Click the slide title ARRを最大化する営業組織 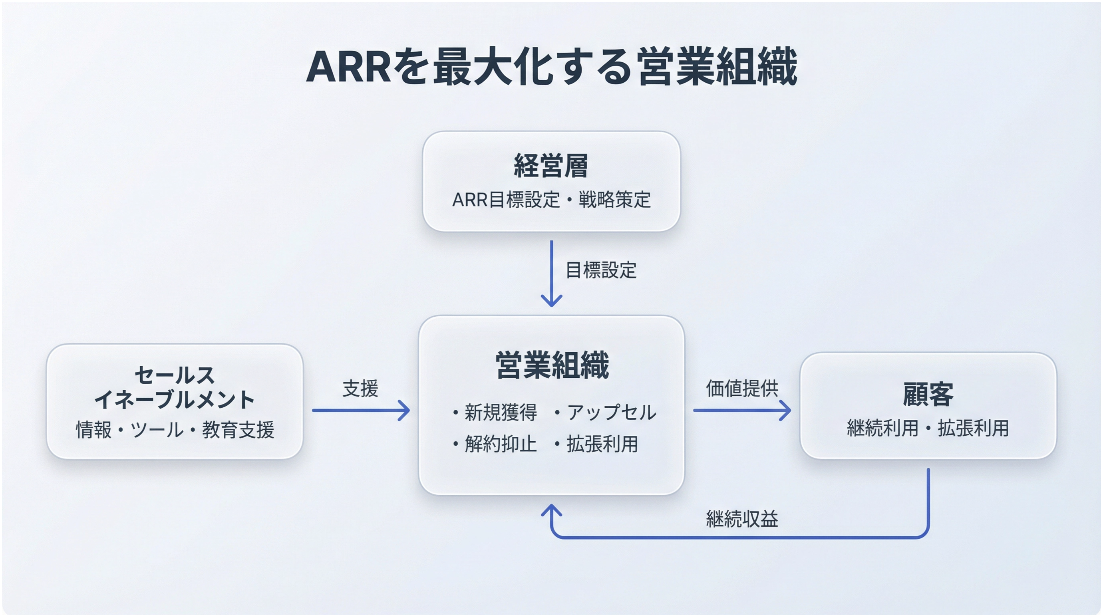coord(551,67)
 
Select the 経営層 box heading coord(550,166)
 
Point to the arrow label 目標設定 coord(601,270)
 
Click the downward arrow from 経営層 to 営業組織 coord(551,274)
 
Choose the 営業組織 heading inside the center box coord(552,365)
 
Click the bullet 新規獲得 coord(500,413)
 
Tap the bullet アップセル coord(611,413)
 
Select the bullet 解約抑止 coord(500,444)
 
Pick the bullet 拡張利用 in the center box coord(602,444)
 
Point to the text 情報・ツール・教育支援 coord(175,430)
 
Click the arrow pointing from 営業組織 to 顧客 coord(741,410)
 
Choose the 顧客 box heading coord(928,394)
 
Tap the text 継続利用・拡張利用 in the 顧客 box coord(928,428)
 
